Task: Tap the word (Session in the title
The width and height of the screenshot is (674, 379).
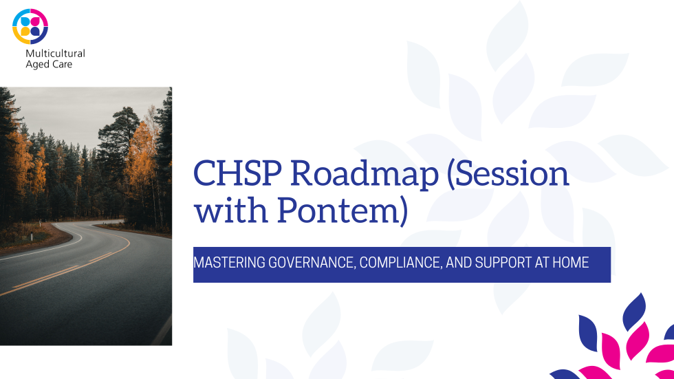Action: click(x=508, y=173)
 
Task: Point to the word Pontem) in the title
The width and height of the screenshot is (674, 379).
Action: click(x=343, y=210)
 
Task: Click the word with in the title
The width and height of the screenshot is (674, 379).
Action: click(x=231, y=210)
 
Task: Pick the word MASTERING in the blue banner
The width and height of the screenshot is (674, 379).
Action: click(x=229, y=263)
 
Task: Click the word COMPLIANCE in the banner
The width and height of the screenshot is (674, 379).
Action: click(x=401, y=263)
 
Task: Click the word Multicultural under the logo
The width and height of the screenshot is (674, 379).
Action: click(x=56, y=53)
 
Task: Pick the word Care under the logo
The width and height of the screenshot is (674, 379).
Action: click(x=61, y=64)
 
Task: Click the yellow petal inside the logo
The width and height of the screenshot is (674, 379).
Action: click(x=25, y=32)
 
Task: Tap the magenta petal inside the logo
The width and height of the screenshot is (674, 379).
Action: click(x=35, y=21)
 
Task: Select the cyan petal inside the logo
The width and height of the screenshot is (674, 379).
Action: click(x=25, y=21)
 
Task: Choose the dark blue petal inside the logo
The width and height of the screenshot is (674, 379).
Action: click(x=35, y=32)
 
